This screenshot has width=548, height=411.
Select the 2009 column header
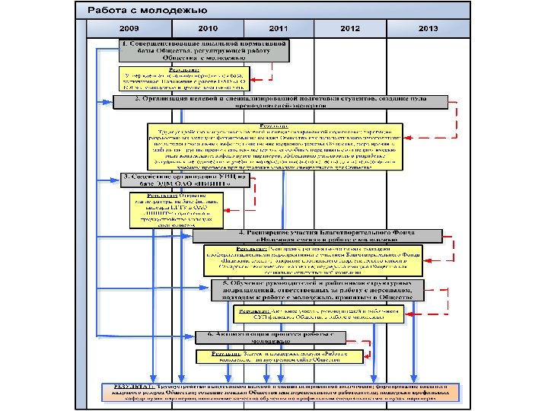[x=129, y=28]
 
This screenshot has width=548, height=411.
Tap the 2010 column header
[x=207, y=28]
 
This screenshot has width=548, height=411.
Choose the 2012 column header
[x=350, y=28]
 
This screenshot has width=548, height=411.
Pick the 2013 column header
[x=428, y=28]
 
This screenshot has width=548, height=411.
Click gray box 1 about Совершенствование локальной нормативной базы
[x=204, y=49]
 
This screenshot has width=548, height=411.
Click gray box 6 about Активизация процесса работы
[x=270, y=337]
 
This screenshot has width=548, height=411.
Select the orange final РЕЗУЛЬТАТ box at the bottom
[x=281, y=391]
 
